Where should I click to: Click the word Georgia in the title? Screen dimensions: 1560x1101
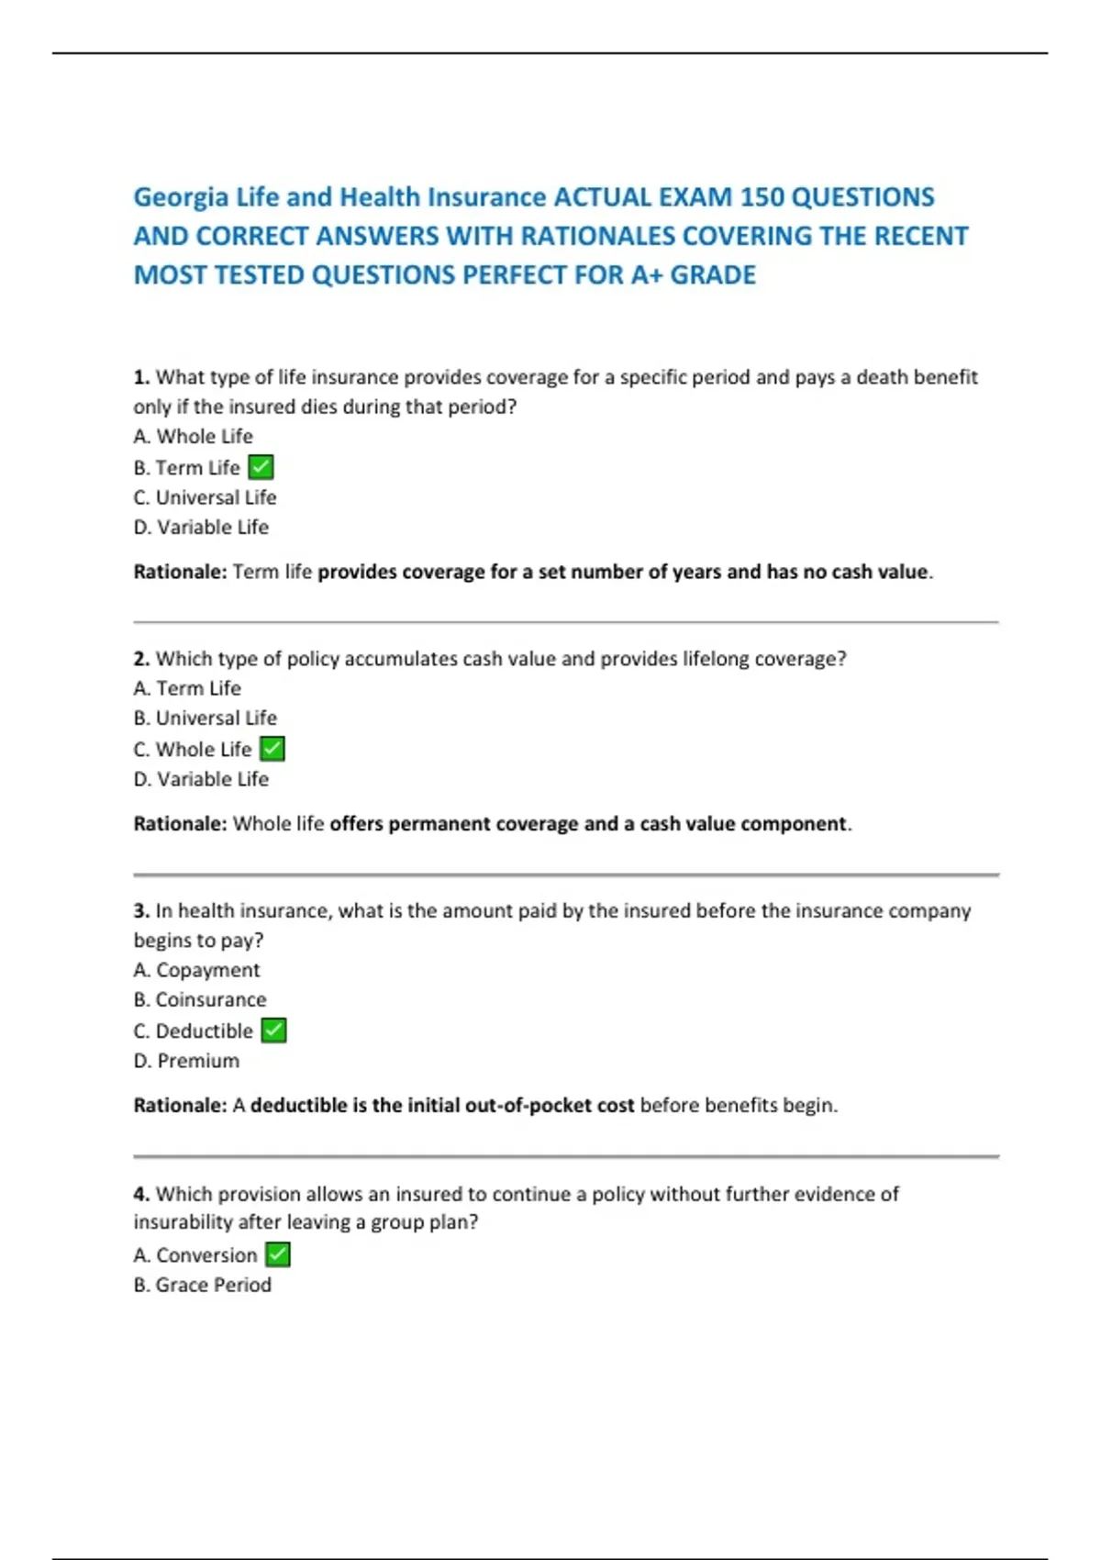coord(181,197)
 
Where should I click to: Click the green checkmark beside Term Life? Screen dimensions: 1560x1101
coord(261,467)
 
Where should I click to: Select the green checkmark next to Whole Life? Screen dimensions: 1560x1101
coord(272,749)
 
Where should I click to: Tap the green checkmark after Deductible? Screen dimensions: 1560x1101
coord(273,1031)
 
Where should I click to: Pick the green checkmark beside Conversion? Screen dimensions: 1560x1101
coord(278,1254)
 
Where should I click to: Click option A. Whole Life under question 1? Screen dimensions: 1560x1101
coord(193,437)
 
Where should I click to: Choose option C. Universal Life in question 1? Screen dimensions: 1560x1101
coord(205,497)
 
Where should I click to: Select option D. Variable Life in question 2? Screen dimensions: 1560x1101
coord(201,779)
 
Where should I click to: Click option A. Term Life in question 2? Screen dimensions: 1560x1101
coord(187,688)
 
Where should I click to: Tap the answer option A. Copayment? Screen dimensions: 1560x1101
coord(196,970)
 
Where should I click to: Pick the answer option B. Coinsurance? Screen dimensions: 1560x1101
coord(200,999)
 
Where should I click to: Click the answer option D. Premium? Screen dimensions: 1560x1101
coord(186,1061)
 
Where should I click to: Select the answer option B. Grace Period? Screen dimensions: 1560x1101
coord(202,1285)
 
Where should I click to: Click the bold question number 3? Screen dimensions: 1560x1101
coord(141,910)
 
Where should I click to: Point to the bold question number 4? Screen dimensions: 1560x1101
coord(141,1194)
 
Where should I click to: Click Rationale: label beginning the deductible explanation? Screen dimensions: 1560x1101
coord(180,1105)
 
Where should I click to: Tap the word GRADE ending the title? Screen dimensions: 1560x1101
coord(713,275)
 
